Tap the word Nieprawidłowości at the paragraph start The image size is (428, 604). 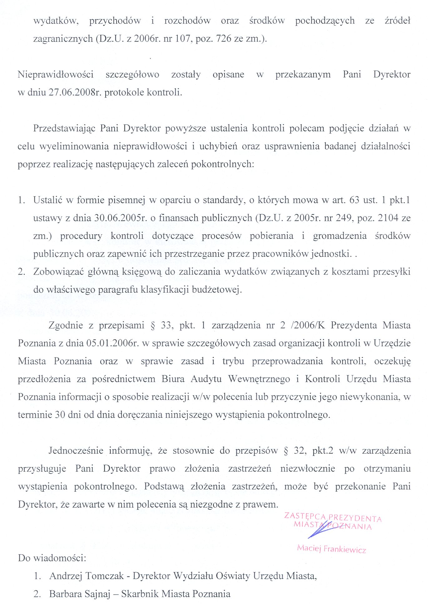tap(56, 75)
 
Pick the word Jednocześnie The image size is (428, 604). tap(76, 451)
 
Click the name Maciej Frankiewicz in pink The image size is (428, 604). tap(331, 548)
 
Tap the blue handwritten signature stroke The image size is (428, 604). tap(322, 529)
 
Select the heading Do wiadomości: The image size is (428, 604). tap(52, 558)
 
